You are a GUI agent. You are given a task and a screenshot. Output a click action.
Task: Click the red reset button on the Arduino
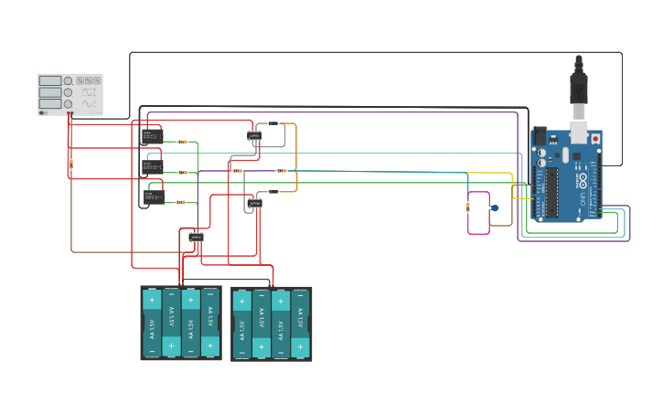coord(596,138)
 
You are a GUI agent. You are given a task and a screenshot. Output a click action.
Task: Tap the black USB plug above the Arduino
coord(578,87)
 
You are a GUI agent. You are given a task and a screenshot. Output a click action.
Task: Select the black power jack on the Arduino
coord(539,136)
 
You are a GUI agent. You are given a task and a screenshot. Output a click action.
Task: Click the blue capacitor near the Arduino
coord(495,208)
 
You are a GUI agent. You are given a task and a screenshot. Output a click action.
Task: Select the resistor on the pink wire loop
coord(468,207)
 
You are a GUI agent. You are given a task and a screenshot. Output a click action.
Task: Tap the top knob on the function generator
coord(68,81)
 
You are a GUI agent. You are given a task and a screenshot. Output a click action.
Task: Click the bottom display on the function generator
coord(50,104)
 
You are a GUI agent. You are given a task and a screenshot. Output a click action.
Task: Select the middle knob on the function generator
coord(68,92)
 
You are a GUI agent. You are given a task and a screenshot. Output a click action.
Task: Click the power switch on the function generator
coord(43,112)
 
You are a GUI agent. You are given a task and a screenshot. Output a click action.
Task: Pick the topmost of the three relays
coord(151,136)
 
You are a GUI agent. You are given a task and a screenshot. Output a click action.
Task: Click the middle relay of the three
coord(151,167)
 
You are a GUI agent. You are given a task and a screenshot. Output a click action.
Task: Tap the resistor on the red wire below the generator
coord(71,165)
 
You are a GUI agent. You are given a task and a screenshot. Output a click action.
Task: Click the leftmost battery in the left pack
coord(152,323)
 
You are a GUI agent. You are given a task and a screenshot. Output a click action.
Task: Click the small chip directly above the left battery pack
coord(197,236)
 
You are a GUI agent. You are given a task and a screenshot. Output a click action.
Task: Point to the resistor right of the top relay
coord(183,142)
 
